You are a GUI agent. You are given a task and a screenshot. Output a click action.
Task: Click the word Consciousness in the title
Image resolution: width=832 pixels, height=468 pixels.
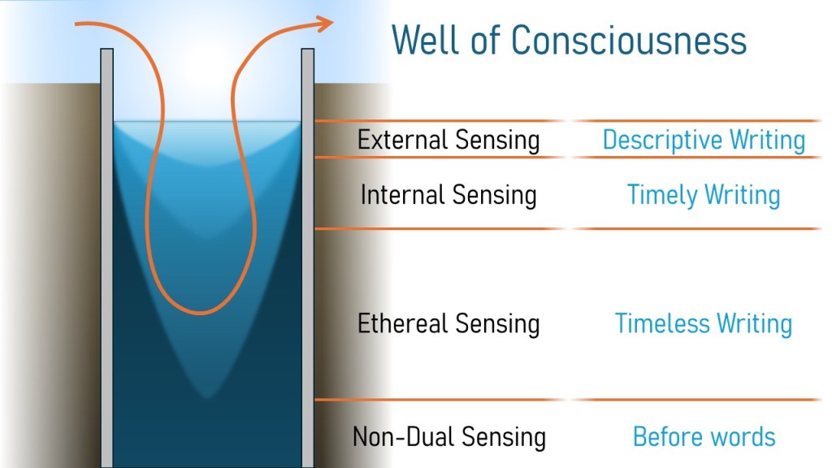coord(629,41)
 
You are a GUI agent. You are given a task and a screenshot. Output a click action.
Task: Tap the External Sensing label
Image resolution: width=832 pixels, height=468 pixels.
coord(448,140)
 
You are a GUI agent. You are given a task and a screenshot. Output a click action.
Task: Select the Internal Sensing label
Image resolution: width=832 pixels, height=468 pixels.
coord(448,195)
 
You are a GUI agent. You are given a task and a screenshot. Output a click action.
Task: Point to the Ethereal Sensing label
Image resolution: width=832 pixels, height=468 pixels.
coord(448,323)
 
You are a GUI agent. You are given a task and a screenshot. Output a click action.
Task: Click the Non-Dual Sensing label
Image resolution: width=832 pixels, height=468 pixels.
coord(448,437)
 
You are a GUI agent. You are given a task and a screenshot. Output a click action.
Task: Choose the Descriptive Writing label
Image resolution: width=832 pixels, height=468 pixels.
coord(704,141)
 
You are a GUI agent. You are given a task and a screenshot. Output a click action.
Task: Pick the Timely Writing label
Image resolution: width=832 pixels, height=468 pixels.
coord(704,195)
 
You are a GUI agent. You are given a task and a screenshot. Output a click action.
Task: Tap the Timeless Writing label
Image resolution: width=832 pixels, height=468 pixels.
coord(704,323)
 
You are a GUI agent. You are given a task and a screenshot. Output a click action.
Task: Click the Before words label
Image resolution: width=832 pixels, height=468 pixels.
coord(704,437)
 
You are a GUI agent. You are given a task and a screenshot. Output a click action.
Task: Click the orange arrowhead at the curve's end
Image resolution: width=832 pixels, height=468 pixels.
coord(324,24)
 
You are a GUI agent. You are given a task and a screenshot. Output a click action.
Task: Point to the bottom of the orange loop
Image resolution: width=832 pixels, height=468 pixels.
coord(200,312)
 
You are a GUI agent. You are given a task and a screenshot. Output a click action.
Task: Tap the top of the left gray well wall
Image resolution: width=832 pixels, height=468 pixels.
coord(106,50)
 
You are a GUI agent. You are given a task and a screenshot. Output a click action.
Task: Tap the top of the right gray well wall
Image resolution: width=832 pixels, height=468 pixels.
coord(308,50)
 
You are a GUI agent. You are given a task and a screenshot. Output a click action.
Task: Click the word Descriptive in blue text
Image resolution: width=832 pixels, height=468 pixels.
coord(663,141)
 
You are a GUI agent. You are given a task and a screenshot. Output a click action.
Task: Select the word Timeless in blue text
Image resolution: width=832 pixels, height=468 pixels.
coord(662,323)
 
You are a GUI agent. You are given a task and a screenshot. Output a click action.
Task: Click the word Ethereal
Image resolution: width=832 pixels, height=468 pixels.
coord(403,323)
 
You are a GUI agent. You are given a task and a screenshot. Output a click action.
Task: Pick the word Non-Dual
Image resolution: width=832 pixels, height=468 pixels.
coord(403,437)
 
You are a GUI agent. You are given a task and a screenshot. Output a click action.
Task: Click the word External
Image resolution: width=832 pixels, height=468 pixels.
coord(403,140)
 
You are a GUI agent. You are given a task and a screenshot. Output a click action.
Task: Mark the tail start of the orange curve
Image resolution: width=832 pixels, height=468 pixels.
coord(76,24)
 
